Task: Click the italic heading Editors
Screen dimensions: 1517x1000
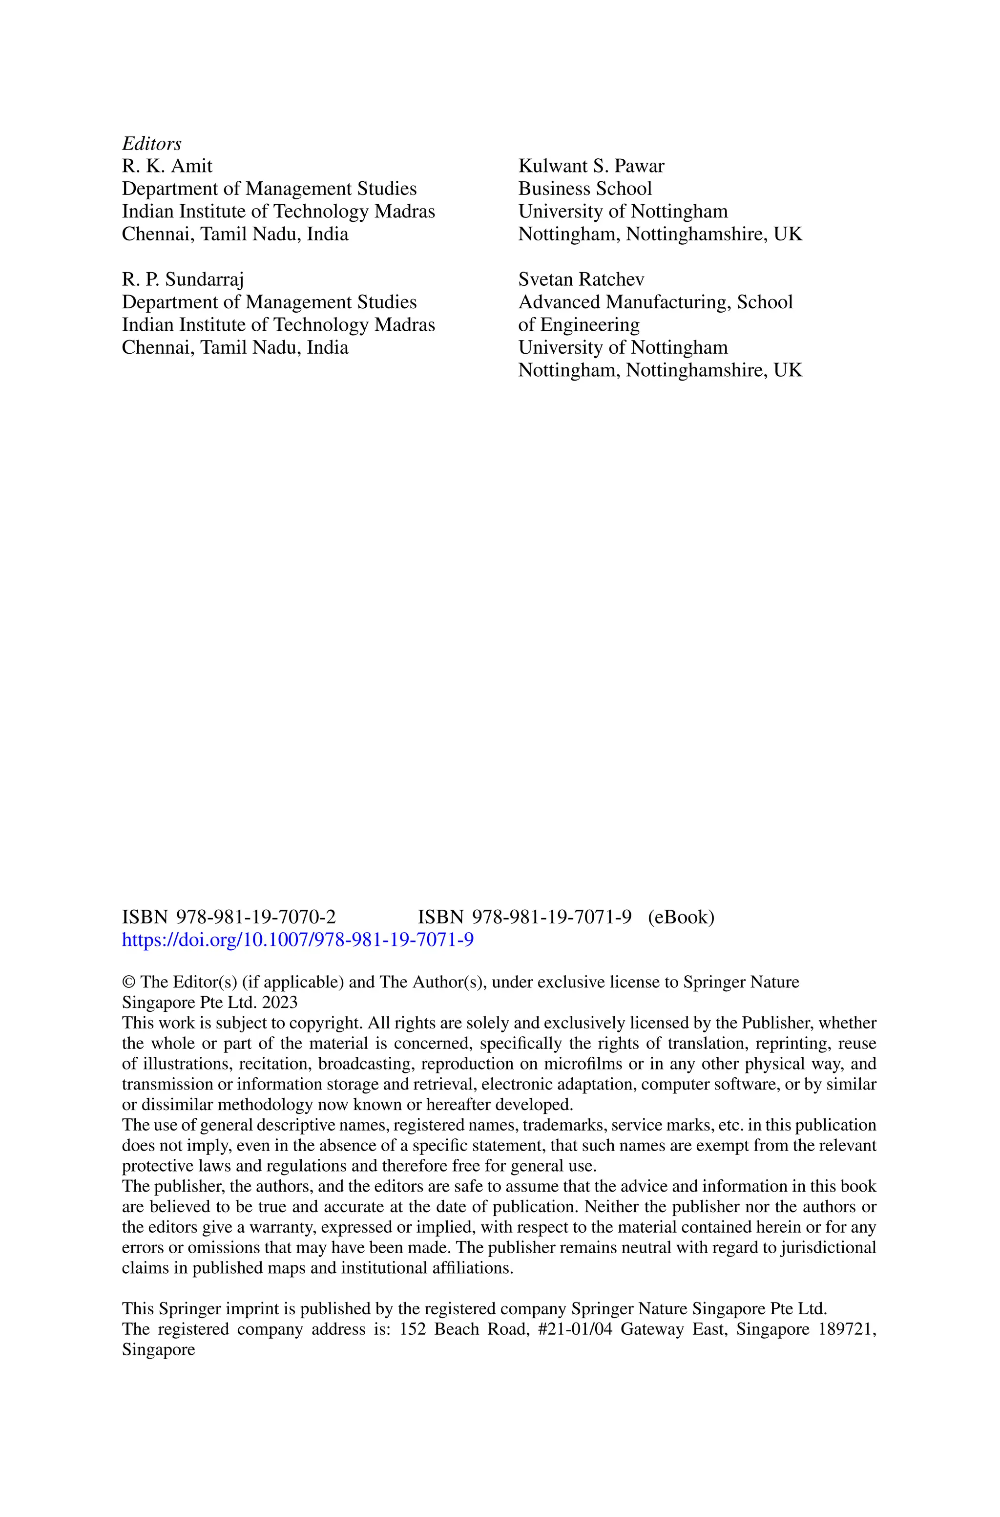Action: point(151,144)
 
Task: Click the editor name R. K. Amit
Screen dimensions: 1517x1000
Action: point(167,167)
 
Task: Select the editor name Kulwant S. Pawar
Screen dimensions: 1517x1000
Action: point(590,167)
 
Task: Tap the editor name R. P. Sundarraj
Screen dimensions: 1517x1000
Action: point(183,279)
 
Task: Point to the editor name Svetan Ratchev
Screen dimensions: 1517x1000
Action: point(581,279)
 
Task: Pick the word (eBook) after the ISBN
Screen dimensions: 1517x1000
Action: point(681,918)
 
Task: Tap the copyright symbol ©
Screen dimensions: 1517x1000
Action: point(127,983)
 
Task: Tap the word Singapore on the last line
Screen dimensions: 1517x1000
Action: point(158,1349)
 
